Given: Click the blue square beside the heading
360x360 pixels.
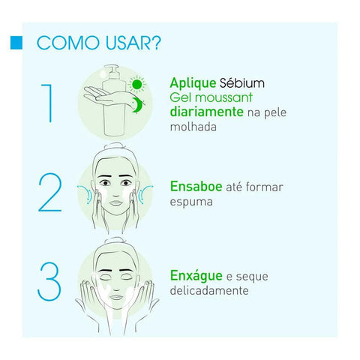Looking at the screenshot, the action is point(16,43).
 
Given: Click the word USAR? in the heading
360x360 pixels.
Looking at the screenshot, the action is point(133,43).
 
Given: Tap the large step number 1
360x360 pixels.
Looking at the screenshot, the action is point(48,103).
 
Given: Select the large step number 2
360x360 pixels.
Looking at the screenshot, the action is point(50,193).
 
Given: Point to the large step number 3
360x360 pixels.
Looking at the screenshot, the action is point(49,281).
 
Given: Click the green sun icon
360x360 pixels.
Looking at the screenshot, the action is point(137,84).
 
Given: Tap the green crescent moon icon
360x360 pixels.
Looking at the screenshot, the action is point(137,105).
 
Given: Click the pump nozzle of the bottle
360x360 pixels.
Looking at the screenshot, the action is point(111,68).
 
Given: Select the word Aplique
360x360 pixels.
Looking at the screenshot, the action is point(193,83).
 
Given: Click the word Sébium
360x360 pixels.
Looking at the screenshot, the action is point(242,82).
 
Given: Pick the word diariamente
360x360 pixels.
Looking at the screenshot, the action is point(207,112).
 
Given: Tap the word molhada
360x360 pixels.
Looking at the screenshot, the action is point(193,127).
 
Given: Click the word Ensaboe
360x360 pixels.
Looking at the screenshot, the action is point(196,187).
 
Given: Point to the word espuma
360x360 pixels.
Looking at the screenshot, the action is point(191,202).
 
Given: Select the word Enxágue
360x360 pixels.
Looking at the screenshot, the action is point(196,276).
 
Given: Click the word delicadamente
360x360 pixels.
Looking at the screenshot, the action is point(209,290).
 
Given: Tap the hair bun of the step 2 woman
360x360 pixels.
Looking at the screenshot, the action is point(115,146).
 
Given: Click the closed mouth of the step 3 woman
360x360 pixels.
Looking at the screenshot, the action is point(116,297).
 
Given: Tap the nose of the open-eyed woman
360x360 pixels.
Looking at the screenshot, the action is point(115,192).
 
